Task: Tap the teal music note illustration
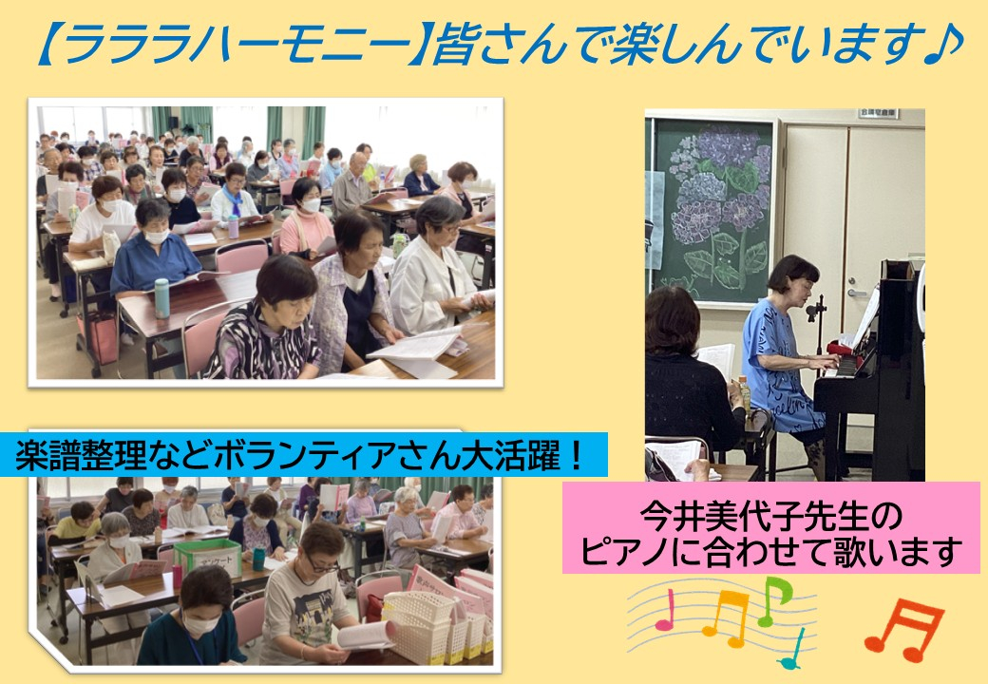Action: pyautogui.click(x=791, y=650)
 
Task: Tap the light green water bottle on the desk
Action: pyautogui.click(x=161, y=298)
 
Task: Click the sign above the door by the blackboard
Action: pyautogui.click(x=879, y=114)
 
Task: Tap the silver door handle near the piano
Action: pyautogui.click(x=857, y=293)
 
